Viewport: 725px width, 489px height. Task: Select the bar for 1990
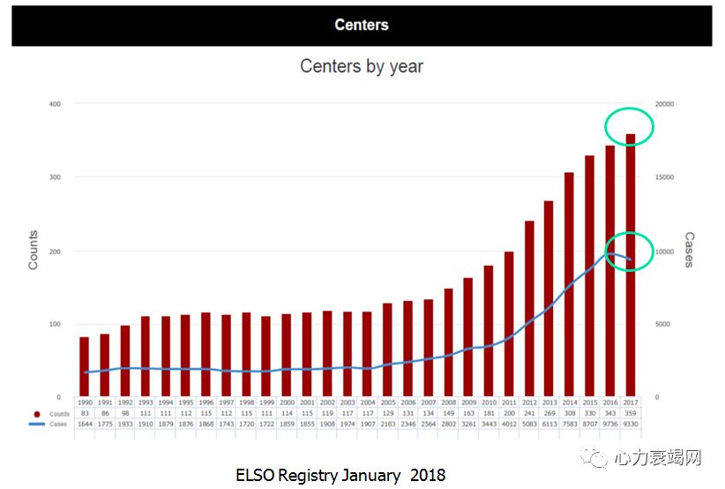84,366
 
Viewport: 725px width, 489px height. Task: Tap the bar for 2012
529,309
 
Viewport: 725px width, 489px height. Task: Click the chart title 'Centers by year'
362,66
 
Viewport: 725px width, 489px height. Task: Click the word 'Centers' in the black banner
362,25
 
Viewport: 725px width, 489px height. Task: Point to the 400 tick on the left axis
55,104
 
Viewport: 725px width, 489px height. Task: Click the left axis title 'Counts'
34,250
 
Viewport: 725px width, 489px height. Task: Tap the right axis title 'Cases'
689,250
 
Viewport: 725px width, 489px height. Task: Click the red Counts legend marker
37,413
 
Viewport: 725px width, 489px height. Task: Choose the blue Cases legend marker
37,424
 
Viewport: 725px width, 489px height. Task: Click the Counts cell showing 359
631,413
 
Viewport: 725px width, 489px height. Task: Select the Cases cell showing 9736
610,424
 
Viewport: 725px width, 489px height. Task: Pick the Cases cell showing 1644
84,424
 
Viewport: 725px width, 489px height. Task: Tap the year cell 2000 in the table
287,402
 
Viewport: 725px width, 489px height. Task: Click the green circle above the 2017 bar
629,128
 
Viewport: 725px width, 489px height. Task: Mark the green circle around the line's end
629,252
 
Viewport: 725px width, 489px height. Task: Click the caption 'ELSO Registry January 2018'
340,475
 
